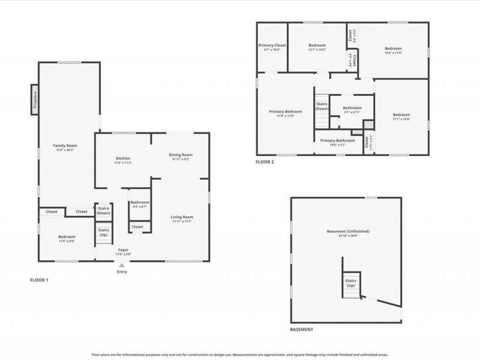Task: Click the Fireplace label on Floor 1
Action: (x=35, y=99)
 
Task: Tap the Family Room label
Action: (x=65, y=145)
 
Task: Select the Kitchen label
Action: (x=123, y=158)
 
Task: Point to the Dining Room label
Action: (x=181, y=154)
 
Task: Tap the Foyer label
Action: (x=122, y=250)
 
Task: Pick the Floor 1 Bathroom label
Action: (x=140, y=202)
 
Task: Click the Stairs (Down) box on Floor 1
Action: (x=103, y=211)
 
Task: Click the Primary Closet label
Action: (x=272, y=46)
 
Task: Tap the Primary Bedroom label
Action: (x=285, y=112)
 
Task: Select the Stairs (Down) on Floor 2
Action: (x=322, y=106)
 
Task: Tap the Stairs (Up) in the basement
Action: (x=350, y=283)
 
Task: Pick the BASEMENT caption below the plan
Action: (x=301, y=330)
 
